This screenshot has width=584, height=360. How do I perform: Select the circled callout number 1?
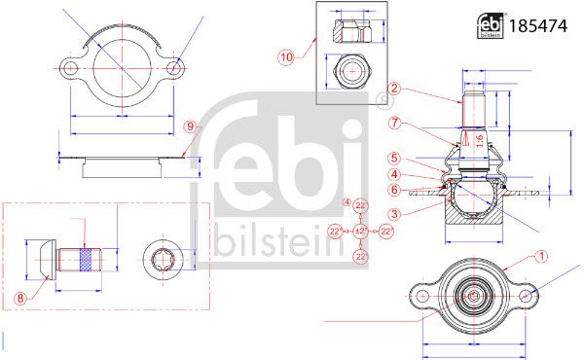pos(541,257)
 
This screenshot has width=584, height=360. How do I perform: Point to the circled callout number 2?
pos(395,88)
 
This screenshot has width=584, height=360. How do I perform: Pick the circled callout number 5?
pos(395,158)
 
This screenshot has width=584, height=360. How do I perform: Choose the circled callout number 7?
pos(395,123)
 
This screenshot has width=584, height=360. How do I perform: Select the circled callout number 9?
pos(191,126)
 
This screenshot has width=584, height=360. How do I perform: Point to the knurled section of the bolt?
pos(84,262)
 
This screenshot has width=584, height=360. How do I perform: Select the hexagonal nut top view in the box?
pos(348,71)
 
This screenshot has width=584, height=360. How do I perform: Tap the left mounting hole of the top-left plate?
pos(70,69)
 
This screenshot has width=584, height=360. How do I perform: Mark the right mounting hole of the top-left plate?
pos(175,69)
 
